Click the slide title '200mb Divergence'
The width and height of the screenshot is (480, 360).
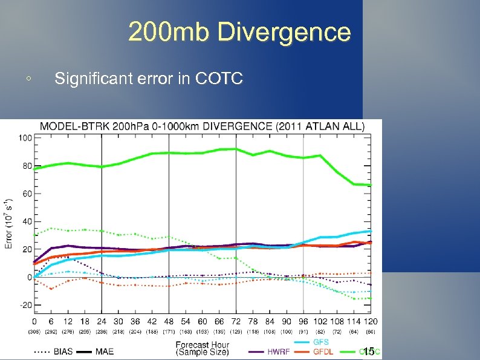tap(239, 32)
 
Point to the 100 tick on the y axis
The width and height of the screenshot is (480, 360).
tap(25, 138)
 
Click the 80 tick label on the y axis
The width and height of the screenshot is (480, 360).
tap(27, 166)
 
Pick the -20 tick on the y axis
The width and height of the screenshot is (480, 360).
tap(25, 305)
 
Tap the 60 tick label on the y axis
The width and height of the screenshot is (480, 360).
tap(27, 194)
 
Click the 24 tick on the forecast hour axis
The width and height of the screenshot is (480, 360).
tap(101, 321)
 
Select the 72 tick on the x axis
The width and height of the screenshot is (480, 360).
tap(236, 321)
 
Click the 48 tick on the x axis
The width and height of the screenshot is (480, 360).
tap(169, 321)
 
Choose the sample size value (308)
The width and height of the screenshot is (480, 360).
tap(34, 332)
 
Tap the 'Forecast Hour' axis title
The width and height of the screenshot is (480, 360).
tap(203, 345)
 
